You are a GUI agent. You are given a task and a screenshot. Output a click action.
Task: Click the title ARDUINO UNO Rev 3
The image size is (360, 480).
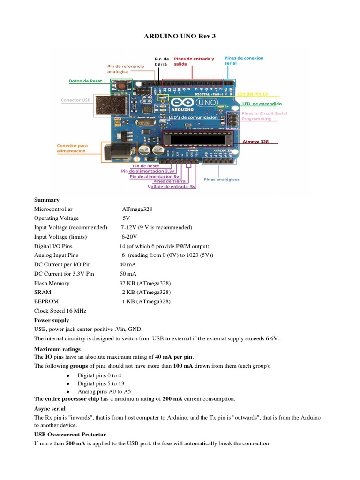point(180,36)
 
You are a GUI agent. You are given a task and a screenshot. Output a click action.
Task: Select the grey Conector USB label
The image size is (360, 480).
point(76,100)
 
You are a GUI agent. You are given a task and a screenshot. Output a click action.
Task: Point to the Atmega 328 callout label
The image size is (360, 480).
point(255,141)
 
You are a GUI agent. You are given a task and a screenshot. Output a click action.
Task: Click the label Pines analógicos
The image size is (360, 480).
point(222,179)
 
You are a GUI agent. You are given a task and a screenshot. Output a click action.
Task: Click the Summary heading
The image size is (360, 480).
point(47,200)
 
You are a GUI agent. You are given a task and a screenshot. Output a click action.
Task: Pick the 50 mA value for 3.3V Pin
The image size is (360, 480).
point(128,274)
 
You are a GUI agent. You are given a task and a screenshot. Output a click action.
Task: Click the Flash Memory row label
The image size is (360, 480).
point(52,283)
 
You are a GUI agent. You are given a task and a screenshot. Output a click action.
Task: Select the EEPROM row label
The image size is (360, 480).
point(46,301)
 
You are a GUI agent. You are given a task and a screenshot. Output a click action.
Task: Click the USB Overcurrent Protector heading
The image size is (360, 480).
point(70,434)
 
